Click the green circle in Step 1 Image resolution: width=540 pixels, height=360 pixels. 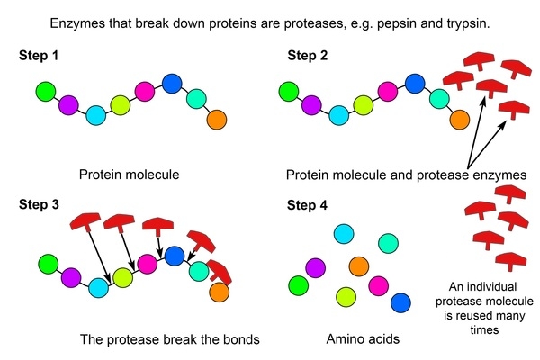[x=48, y=91]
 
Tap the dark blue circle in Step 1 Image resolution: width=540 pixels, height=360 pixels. [x=174, y=85]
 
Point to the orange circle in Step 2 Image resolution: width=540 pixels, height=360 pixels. [x=459, y=118]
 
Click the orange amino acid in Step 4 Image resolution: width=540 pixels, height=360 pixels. [x=358, y=266]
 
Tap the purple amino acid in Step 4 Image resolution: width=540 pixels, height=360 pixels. [x=315, y=267]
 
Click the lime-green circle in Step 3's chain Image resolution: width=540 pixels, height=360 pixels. [x=123, y=277]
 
